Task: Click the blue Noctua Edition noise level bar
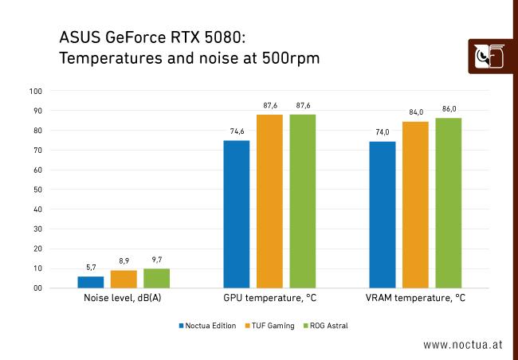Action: tap(90, 282)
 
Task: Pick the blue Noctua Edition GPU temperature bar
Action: tap(237, 214)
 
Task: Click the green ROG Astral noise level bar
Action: tap(156, 279)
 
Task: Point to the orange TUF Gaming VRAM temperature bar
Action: tap(415, 205)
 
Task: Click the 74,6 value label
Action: tap(237, 131)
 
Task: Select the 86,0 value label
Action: tap(449, 109)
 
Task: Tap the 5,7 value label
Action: tap(91, 268)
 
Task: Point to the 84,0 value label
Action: tap(415, 112)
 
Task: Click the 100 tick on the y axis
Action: tap(35, 91)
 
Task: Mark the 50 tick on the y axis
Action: tap(37, 190)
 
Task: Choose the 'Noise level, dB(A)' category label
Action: tap(124, 299)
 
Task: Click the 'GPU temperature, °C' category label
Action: tap(269, 299)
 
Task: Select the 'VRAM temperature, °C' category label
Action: tap(415, 299)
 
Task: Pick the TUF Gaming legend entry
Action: tap(271, 325)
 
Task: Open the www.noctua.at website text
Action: tap(463, 345)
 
